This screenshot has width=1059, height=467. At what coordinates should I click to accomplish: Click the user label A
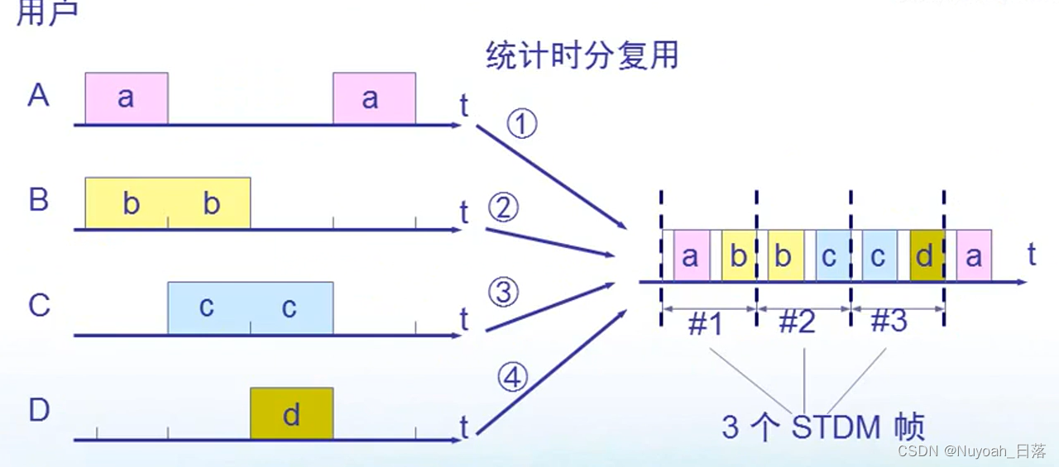coord(38,96)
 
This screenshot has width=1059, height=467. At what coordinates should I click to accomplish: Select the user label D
coord(39,410)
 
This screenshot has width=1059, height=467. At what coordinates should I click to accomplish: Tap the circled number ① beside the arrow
coord(521,126)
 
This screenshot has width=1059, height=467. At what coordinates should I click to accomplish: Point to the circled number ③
coord(503,293)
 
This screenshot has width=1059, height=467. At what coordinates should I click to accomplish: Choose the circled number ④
coord(512,378)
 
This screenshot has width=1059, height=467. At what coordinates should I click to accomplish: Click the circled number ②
coord(502,208)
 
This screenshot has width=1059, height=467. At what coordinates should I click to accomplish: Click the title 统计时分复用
coord(582,55)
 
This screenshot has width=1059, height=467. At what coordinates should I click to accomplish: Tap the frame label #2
coord(798,322)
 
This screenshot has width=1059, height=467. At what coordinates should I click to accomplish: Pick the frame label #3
coord(889,321)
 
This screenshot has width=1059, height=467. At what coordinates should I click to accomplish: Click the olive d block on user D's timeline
coord(291,413)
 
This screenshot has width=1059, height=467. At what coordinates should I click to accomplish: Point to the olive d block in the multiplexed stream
coord(926,256)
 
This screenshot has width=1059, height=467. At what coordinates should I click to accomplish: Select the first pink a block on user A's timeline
coord(126,98)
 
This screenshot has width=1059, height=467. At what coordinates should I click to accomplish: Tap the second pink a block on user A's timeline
coord(374,98)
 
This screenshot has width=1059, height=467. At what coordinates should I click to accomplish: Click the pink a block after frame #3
coord(974,256)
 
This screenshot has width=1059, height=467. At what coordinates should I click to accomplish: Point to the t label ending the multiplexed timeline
coord(1032,255)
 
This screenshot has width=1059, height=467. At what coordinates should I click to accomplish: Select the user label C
coord(39,306)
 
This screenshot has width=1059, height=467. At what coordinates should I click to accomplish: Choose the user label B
coord(39,201)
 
